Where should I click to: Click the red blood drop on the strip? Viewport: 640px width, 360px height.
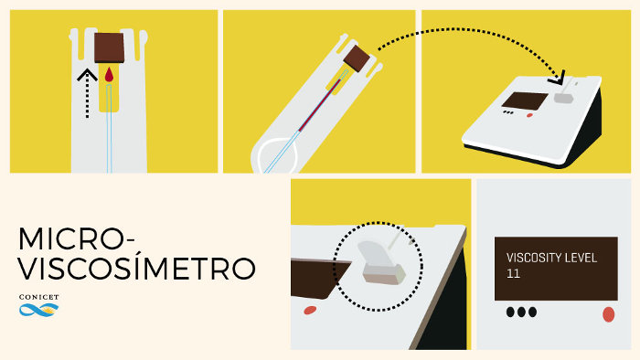click(109, 76)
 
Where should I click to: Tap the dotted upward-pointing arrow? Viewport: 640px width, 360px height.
click(88, 94)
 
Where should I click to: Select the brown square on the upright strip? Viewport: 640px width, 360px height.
click(109, 48)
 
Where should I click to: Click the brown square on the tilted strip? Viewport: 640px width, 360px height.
click(357, 58)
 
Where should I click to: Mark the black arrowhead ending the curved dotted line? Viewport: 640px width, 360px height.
click(557, 78)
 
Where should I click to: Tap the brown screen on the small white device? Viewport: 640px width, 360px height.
click(525, 101)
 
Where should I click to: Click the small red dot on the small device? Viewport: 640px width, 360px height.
click(529, 115)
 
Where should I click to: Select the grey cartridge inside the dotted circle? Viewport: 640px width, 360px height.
click(381, 263)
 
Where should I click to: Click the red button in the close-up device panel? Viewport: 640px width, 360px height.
click(310, 311)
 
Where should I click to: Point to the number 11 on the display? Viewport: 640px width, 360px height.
click(513, 273)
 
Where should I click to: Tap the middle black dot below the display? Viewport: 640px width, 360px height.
click(521, 312)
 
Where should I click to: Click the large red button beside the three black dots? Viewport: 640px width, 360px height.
click(608, 314)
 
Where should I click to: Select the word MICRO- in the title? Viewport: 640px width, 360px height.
click(76, 238)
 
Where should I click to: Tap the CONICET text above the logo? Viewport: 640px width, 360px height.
click(38, 297)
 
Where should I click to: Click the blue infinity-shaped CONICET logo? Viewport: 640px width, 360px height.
click(38, 310)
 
